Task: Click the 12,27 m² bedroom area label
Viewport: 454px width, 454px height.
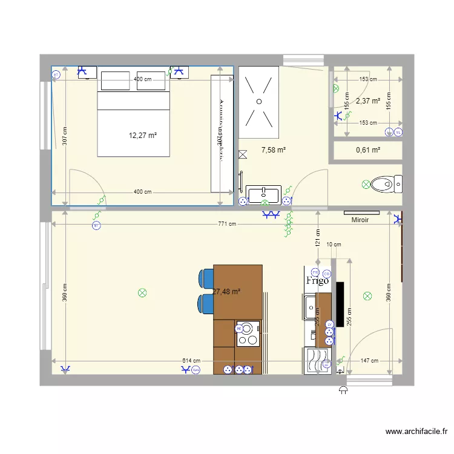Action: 143,136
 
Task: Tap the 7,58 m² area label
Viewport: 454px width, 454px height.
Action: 274,150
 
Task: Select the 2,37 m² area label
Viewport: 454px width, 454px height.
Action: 368,101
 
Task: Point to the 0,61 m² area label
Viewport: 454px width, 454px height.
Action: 368,150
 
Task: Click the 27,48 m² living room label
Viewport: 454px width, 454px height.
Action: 227,291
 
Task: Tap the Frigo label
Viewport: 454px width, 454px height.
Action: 317,281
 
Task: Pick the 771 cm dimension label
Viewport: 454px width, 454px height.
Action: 227,224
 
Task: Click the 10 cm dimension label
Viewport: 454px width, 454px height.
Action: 334,245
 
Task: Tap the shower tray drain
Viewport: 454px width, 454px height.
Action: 259,101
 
